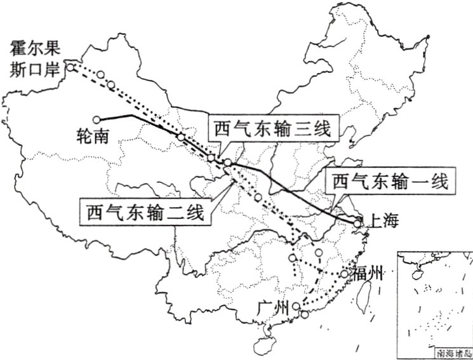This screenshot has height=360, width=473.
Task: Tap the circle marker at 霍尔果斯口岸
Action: (72, 67)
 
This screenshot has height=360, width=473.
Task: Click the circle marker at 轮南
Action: (97, 119)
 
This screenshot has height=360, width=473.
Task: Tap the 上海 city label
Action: (383, 222)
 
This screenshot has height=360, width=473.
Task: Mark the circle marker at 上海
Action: (358, 223)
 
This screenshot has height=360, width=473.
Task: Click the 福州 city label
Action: (368, 274)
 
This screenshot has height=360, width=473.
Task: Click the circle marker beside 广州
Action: (296, 307)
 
